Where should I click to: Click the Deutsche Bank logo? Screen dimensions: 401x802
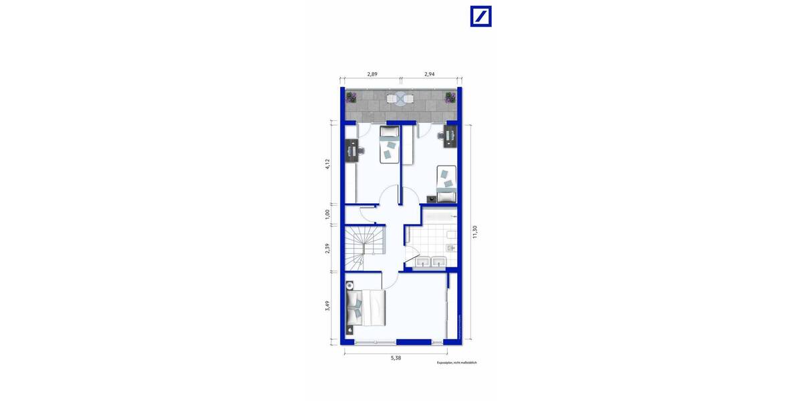click(481, 17)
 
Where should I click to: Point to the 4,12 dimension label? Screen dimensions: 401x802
click(328, 164)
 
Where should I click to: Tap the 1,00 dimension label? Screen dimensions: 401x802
click(328, 214)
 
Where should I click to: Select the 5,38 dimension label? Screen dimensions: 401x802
click(396, 358)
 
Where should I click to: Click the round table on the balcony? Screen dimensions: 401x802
click(400, 100)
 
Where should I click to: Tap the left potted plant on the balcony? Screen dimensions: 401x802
click(351, 98)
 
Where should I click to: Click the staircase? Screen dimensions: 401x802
click(361, 248)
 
